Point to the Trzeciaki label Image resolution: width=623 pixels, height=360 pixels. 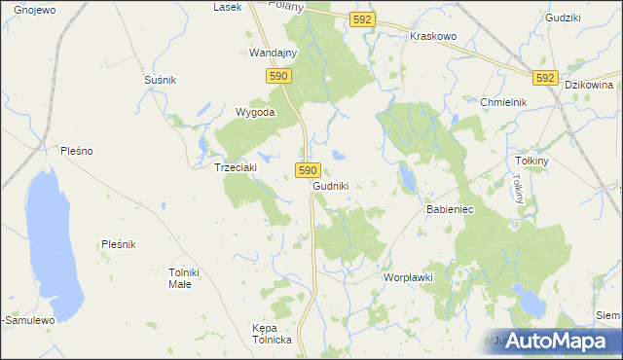235,167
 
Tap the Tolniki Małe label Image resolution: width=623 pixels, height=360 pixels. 185,277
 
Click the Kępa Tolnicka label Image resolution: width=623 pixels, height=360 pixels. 272,334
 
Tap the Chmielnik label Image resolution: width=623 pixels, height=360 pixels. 503,102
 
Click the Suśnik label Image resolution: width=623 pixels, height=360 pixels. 160,80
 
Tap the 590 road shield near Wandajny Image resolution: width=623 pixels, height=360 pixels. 278,75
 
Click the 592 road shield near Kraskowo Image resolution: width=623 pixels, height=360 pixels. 362,18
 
